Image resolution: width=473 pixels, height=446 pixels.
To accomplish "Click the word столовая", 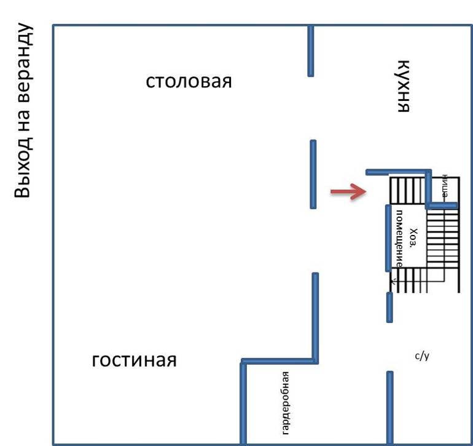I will coord(189,81).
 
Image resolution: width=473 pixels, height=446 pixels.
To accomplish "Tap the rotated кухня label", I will coord(402,86).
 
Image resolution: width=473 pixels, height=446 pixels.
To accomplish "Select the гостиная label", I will coord(135,360).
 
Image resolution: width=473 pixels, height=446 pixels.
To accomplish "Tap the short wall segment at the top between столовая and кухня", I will coord(311,50).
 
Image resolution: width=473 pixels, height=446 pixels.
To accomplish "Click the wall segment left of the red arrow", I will coord(313,174).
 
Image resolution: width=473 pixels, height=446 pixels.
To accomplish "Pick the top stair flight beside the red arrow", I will coord(408,190).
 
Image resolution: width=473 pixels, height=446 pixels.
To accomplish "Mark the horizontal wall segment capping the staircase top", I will coord(398,172).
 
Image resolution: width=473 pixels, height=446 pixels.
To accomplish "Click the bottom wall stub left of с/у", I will coord(389,406).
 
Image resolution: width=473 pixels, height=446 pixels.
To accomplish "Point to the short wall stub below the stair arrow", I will coord(389,307).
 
